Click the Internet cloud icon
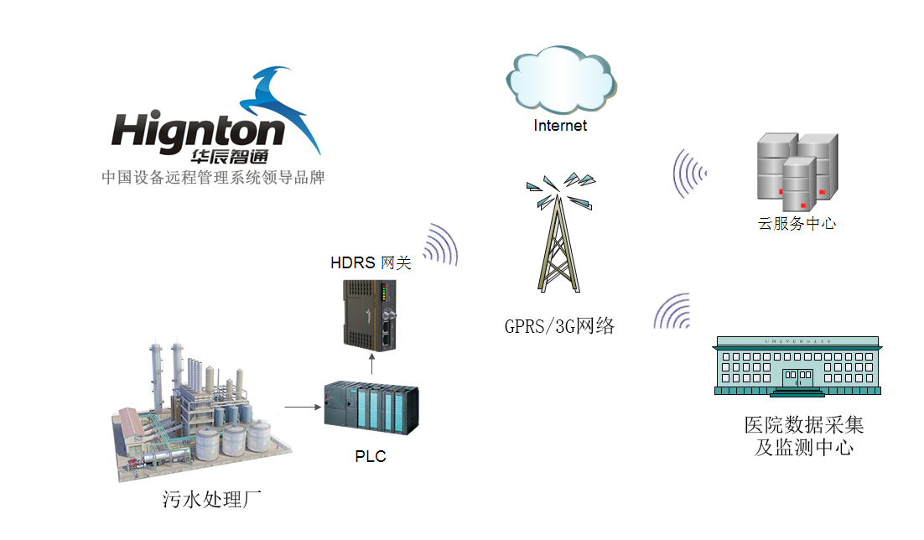point(560,81)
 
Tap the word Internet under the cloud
point(560,126)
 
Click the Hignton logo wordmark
point(198,132)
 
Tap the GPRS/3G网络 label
point(559,326)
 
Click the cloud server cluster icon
point(797,173)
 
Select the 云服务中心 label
point(797,224)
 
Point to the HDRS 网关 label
point(371,263)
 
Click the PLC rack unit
point(371,408)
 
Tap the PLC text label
point(371,457)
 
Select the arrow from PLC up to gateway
point(371,363)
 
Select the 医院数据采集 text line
point(803,425)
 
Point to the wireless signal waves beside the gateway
point(441,245)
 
